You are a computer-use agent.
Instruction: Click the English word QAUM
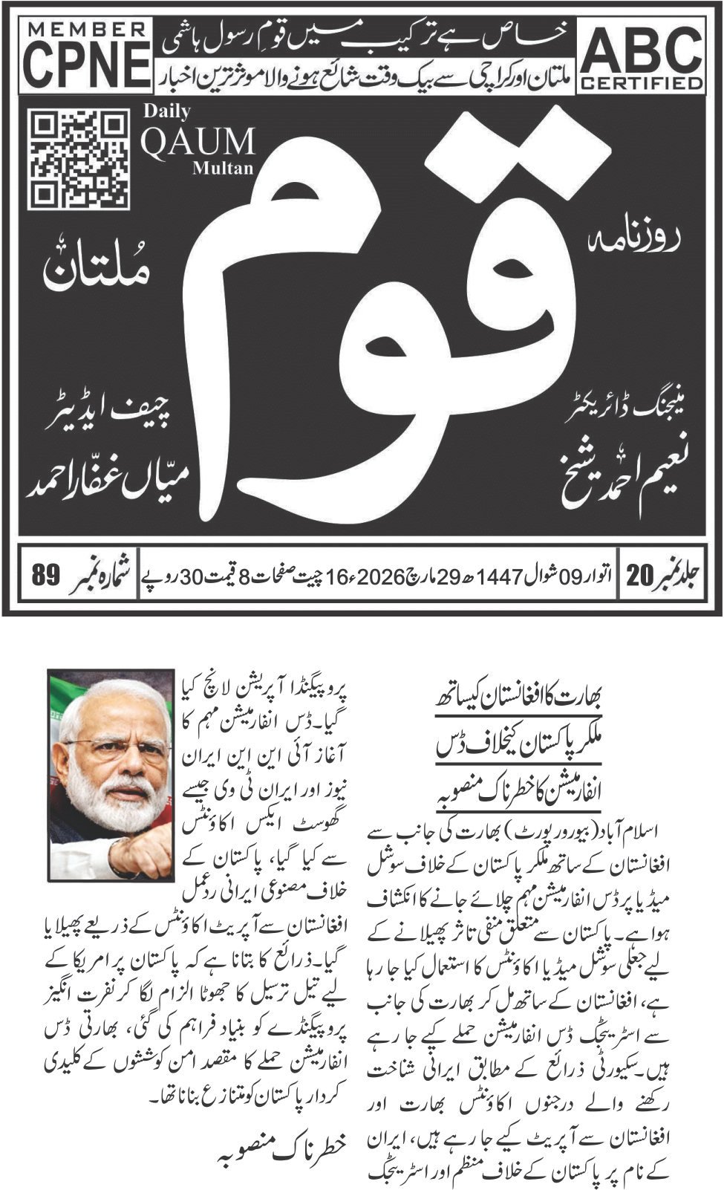[198, 141]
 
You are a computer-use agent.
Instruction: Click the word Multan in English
[223, 168]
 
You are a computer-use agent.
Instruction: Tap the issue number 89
[45, 576]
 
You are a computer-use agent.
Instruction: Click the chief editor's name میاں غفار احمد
[108, 483]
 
